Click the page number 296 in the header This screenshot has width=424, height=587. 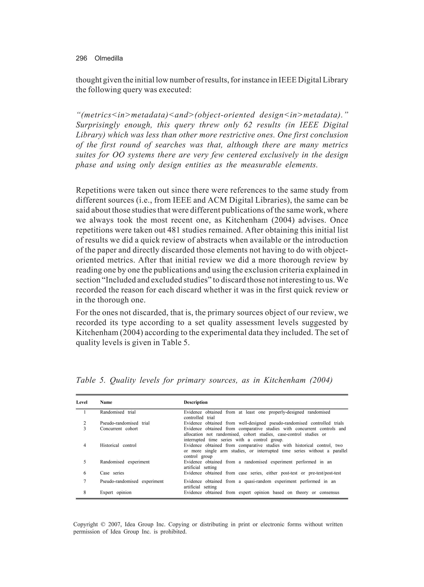click(x=81, y=59)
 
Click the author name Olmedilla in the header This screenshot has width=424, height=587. click(x=108, y=59)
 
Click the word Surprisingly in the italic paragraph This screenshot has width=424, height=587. click(x=98, y=125)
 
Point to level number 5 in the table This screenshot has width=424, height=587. click(x=85, y=462)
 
